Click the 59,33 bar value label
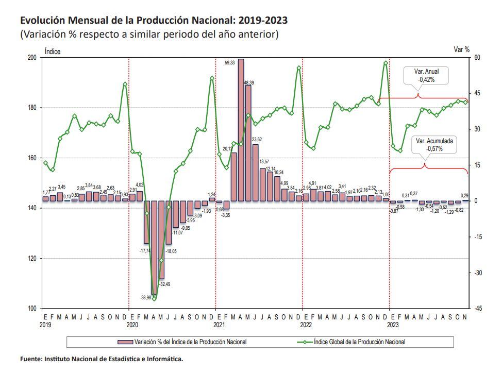tap(230, 63)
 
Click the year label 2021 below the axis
tap(219, 325)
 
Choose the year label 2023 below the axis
tap(393, 325)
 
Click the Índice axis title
tap(53, 50)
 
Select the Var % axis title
tap(461, 49)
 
